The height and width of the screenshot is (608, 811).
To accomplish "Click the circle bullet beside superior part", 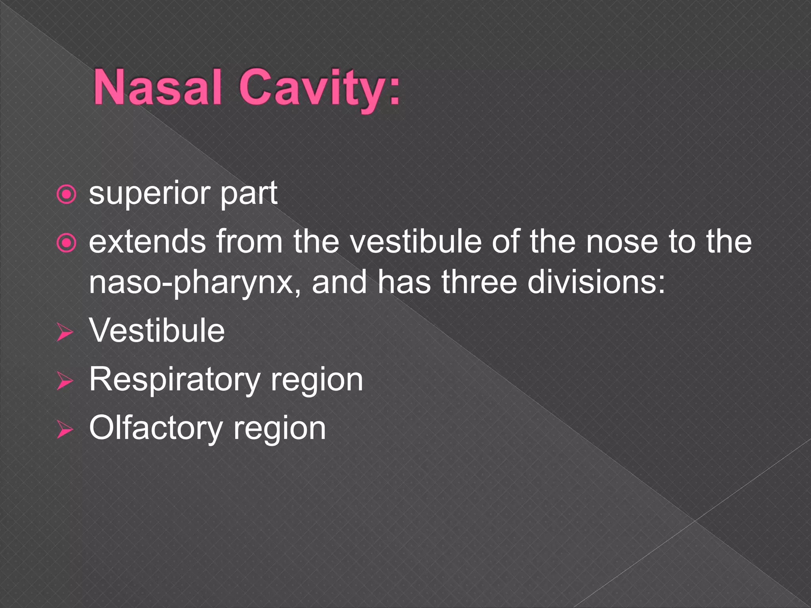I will pos(66,195).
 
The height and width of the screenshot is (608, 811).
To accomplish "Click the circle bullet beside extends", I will pos(66,243).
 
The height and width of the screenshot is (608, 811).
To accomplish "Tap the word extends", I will pos(147,242).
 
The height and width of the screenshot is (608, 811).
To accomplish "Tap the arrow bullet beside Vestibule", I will pos(65,332).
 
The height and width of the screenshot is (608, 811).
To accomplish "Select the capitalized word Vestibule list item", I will pos(157,331).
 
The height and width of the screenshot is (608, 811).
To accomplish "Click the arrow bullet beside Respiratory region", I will pos(65,381).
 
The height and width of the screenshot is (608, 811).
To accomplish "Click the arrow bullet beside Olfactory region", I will pos(65,430).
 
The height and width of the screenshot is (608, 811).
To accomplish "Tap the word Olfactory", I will pos(156,428).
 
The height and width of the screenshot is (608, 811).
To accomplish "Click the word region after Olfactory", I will pos(280,430).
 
